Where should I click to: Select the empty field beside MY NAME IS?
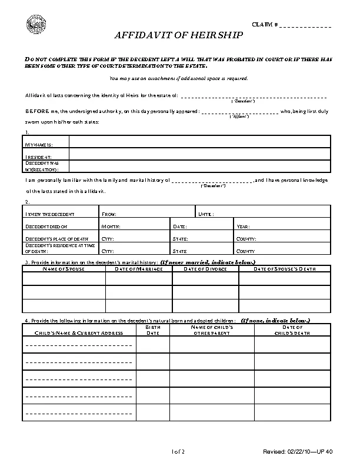pyautogui.click(x=200, y=142)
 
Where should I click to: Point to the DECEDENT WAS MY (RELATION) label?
pyautogui.click(x=42, y=165)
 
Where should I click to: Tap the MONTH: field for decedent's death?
pyautogui.click(x=135, y=227)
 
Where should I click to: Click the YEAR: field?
pyautogui.click(x=282, y=227)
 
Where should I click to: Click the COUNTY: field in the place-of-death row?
pyautogui.click(x=282, y=239)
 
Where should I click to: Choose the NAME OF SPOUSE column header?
pyautogui.click(x=64, y=269)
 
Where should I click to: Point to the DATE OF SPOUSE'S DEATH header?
pyautogui.click(x=285, y=269)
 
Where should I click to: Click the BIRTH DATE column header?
pyautogui.click(x=153, y=329)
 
